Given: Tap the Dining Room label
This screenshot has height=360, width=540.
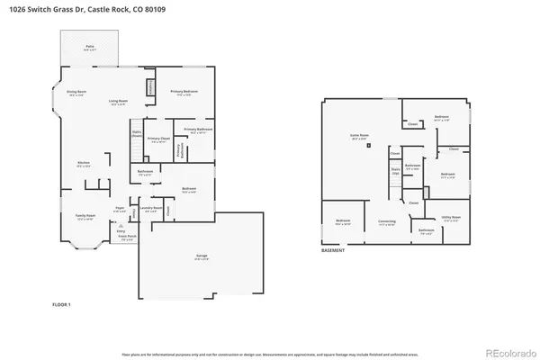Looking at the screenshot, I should [76, 93].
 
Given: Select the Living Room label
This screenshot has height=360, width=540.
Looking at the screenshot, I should [117, 103].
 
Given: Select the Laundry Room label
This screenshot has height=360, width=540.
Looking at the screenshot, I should [151, 209].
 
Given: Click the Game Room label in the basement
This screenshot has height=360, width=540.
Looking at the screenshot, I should [361, 138].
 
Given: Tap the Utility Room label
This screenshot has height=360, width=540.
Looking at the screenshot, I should [451, 218].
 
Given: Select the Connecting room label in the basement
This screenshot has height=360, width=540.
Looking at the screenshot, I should [386, 223].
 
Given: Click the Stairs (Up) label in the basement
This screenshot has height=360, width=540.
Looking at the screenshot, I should [395, 170].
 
